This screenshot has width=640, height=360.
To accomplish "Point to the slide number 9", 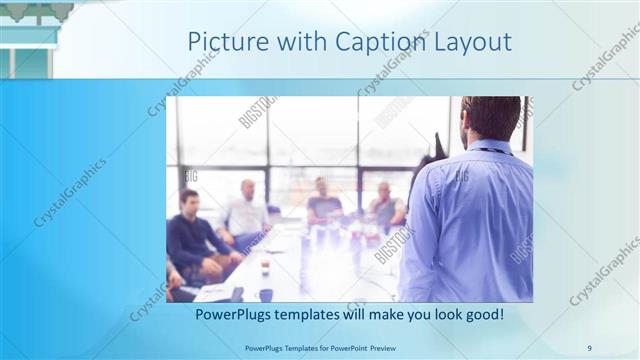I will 589,347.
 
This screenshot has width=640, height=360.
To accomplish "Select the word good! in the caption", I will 481,314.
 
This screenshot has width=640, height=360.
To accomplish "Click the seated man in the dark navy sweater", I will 190,240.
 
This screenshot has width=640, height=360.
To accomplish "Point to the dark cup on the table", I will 266,294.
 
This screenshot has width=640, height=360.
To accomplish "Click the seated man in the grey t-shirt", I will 322,204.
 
